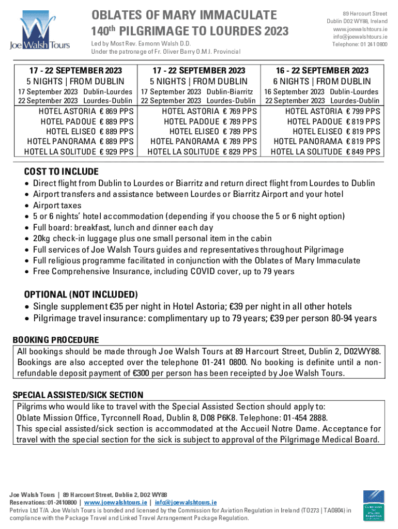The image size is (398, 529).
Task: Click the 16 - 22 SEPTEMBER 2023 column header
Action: click(323, 70)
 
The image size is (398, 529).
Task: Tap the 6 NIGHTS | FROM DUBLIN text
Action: click(323, 81)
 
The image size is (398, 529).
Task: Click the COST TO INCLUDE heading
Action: click(61, 172)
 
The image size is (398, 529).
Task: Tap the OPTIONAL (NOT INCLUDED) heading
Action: click(81, 294)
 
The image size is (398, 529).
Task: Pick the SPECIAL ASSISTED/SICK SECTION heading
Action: click(78, 395)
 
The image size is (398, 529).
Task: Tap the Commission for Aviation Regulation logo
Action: click(374, 505)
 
